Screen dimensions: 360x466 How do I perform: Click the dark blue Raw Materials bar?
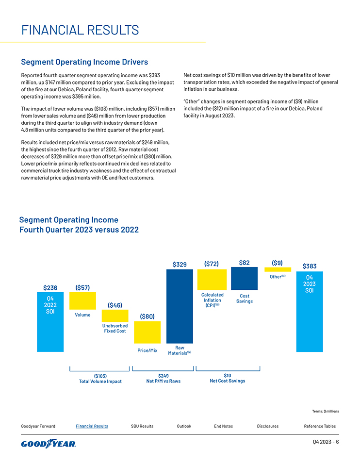(x=180, y=306)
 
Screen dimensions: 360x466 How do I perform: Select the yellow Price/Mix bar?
(x=147, y=332)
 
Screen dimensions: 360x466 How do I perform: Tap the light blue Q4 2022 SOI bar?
(x=50, y=322)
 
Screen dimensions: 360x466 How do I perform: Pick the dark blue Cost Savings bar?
(x=244, y=278)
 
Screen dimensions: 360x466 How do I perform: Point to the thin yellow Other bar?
(x=278, y=269)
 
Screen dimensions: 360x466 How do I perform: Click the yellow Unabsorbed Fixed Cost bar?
(x=115, y=316)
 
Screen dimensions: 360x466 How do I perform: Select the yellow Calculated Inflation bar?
(x=212, y=280)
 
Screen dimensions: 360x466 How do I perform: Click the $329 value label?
(x=180, y=264)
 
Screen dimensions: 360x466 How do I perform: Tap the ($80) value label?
(x=147, y=316)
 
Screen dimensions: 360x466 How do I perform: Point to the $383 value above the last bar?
(x=310, y=266)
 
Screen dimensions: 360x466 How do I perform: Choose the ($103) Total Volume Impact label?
(x=100, y=378)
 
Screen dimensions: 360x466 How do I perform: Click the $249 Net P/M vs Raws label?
(x=164, y=378)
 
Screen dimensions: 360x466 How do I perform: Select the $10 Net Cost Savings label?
(x=228, y=378)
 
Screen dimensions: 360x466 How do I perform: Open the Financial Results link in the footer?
(x=92, y=426)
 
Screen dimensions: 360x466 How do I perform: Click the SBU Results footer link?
(x=142, y=426)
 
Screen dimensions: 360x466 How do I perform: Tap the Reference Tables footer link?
(x=320, y=426)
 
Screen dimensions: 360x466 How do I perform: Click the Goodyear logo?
(x=49, y=444)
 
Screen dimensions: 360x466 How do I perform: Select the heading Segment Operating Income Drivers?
(x=84, y=62)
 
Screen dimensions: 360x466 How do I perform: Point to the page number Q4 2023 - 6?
(x=326, y=442)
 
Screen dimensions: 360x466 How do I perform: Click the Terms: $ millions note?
(x=326, y=411)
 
